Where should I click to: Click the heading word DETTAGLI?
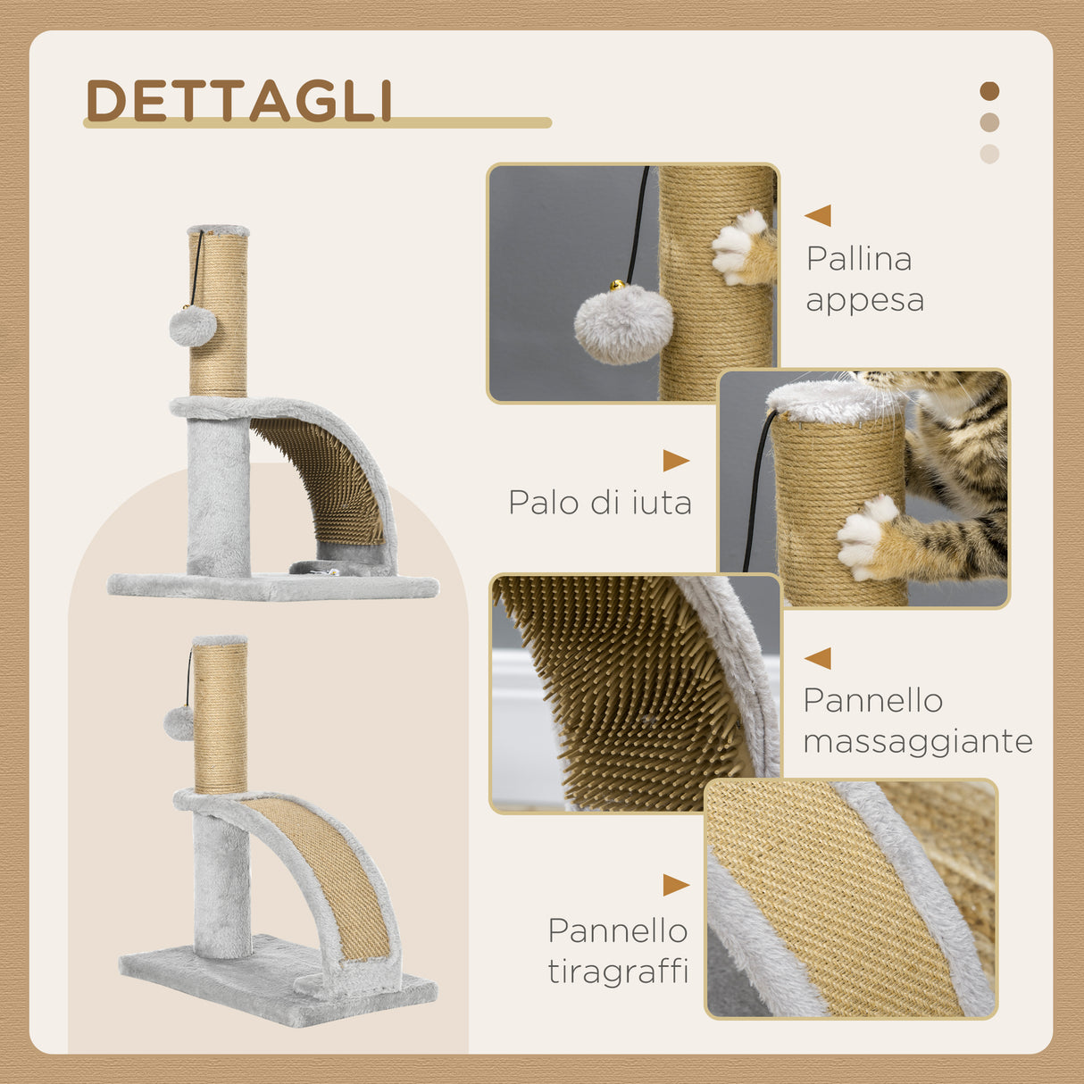[x=239, y=101]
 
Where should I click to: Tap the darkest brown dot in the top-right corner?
[x=988, y=91]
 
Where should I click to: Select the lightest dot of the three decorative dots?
[x=988, y=154]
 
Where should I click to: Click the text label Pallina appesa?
[x=863, y=279]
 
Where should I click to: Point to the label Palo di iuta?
[x=600, y=503]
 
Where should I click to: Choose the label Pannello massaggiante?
[x=917, y=721]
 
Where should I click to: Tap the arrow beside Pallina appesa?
[x=819, y=215]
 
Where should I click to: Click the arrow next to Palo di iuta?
[x=675, y=461]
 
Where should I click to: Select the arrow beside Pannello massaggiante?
[x=819, y=658]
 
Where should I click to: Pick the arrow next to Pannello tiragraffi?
[x=675, y=885]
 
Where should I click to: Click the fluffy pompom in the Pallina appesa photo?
[x=623, y=325]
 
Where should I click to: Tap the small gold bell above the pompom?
[x=617, y=286]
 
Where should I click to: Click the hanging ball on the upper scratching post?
[x=193, y=326]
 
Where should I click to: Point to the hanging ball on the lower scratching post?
[x=179, y=723]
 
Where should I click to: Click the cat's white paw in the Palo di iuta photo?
[x=863, y=537]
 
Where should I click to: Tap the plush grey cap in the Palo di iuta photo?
[x=832, y=401]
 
